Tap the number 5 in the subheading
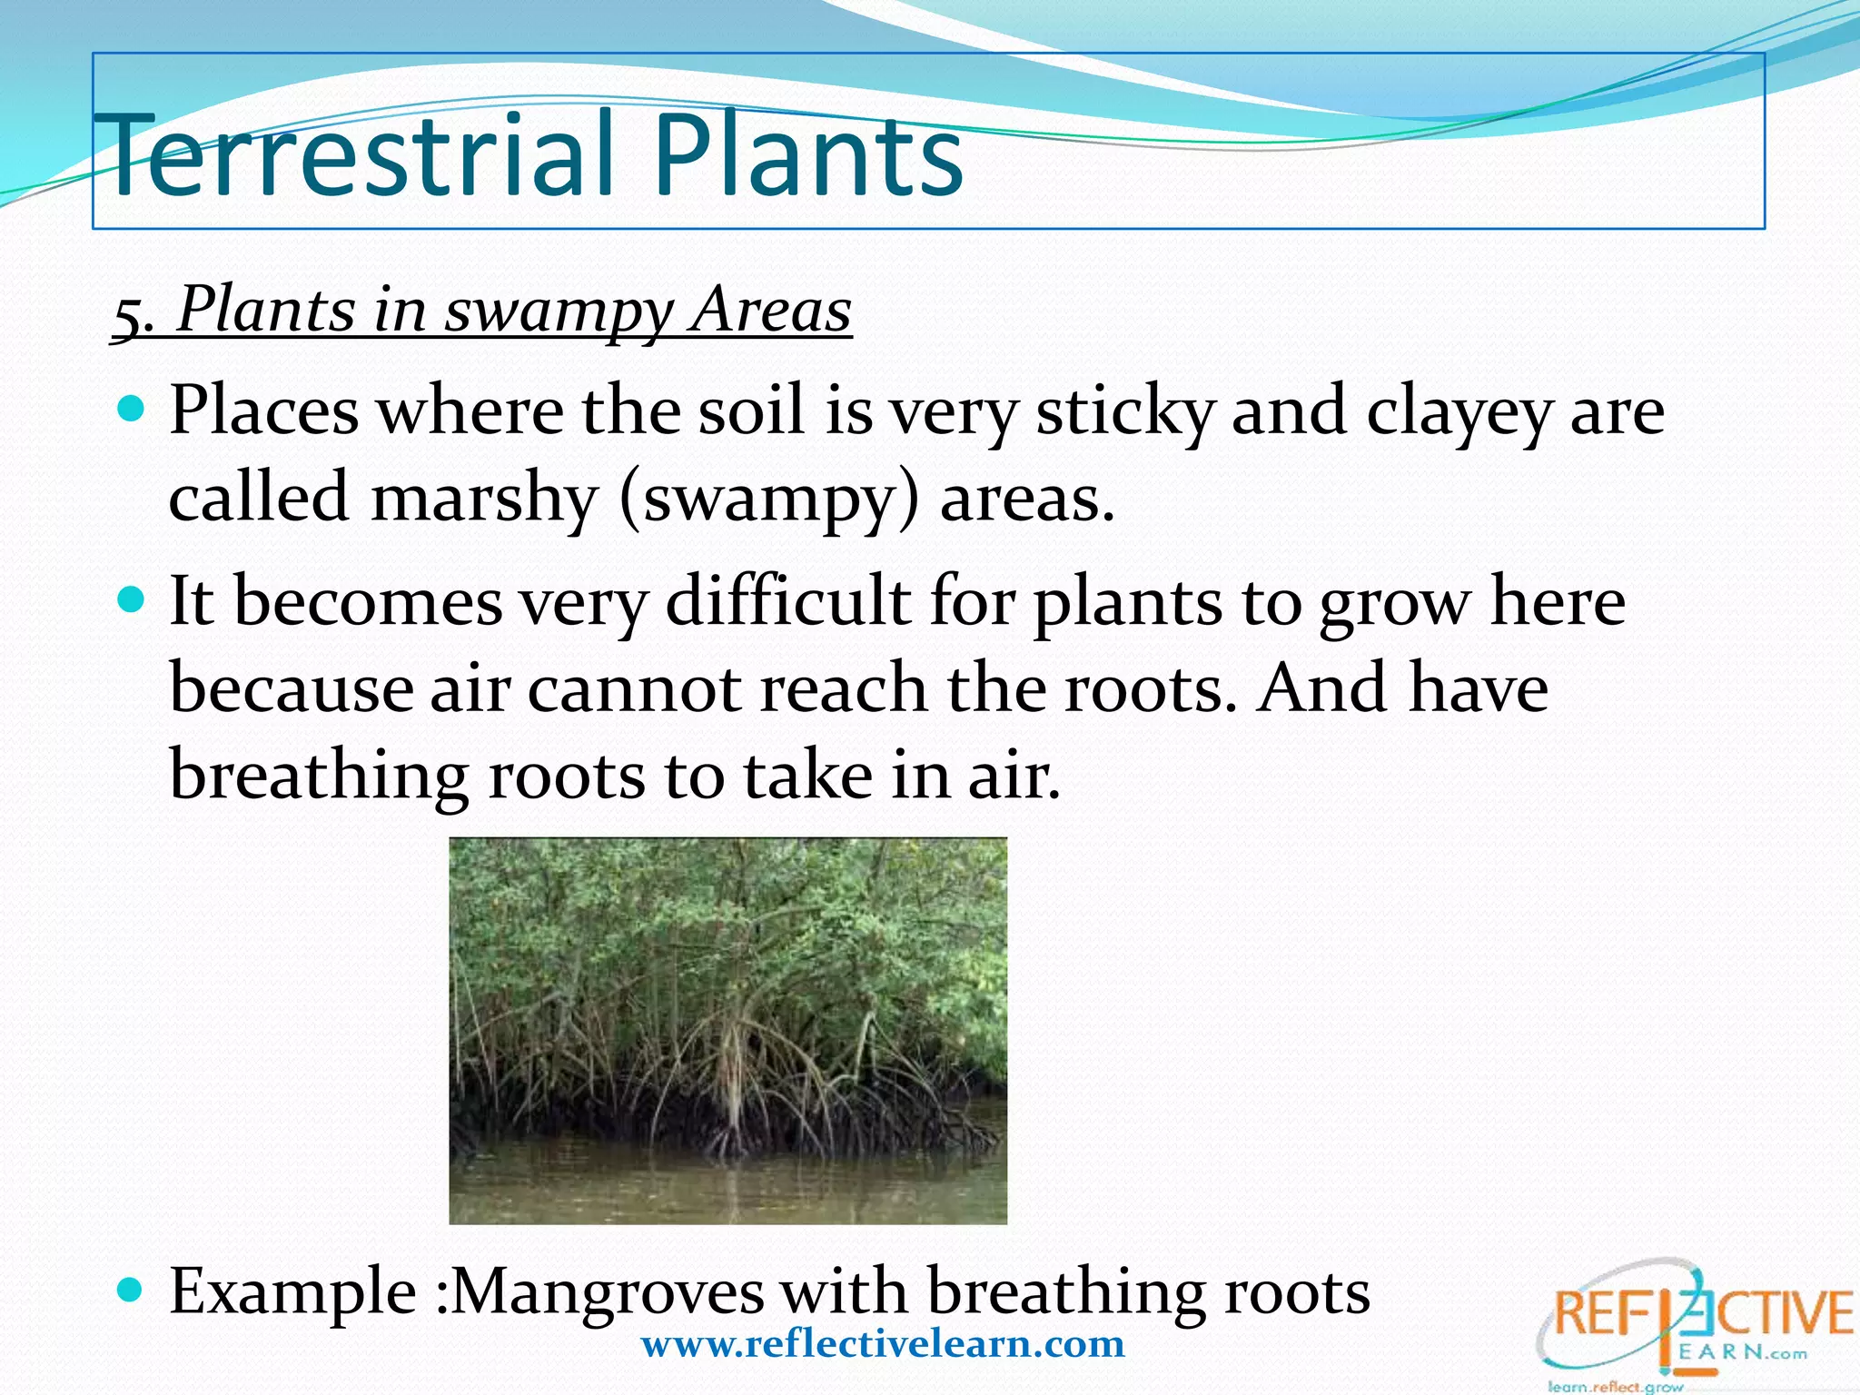[127, 314]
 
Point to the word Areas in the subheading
[771, 311]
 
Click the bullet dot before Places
[133, 409]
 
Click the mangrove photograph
[727, 1030]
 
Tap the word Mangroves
[607, 1291]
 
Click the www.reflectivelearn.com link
[883, 1343]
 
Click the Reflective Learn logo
[1694, 1317]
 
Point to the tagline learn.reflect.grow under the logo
[1615, 1387]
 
